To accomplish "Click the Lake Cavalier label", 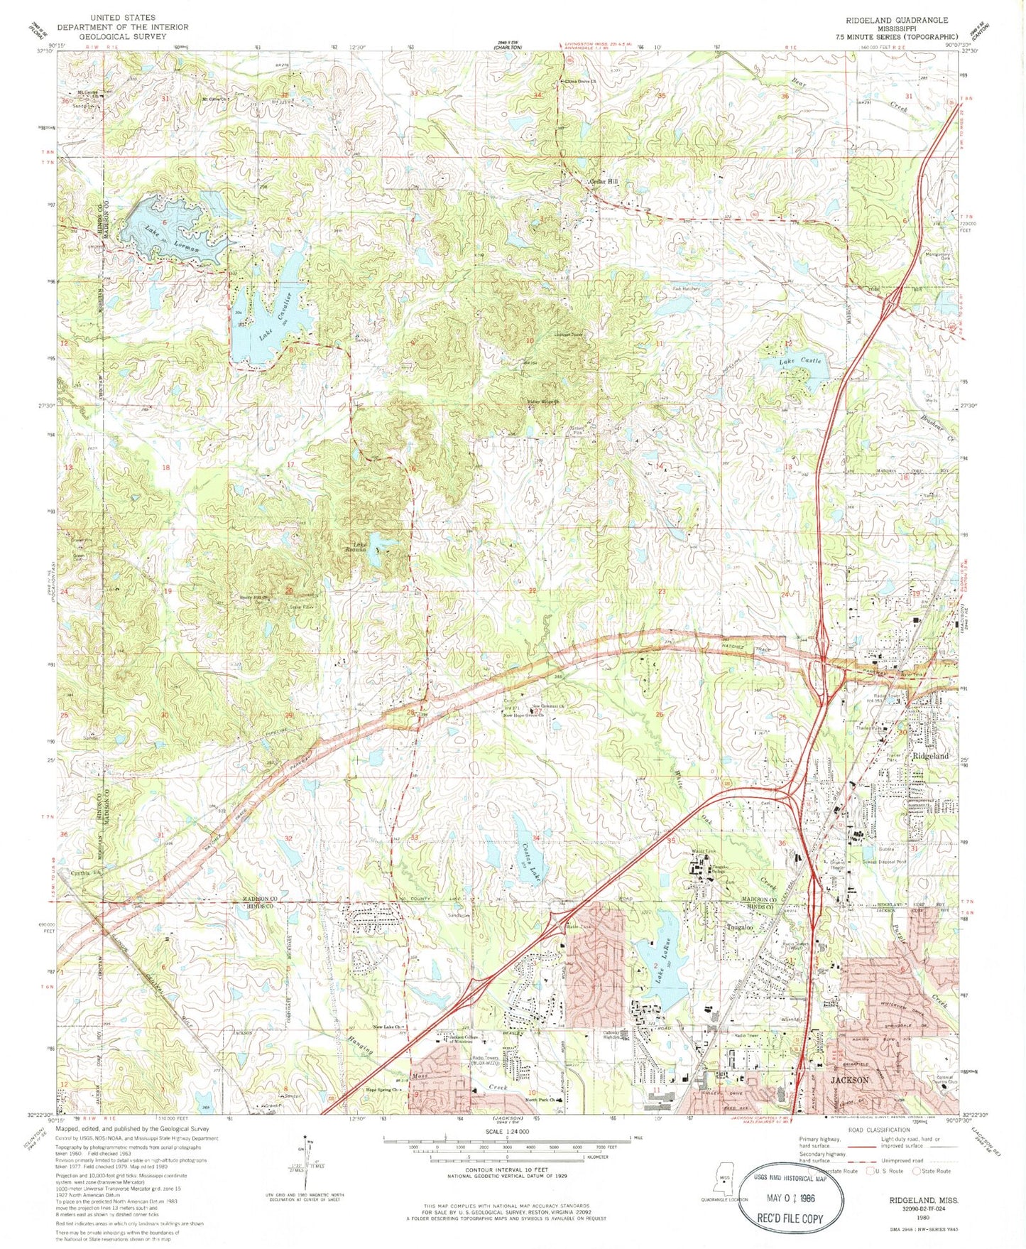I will [x=266, y=316].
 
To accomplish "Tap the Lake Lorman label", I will [x=174, y=239].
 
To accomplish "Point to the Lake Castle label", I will [x=800, y=362].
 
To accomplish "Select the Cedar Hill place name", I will [x=604, y=183].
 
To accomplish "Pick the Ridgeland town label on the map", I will [x=930, y=756].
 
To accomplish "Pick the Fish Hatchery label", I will [x=687, y=289].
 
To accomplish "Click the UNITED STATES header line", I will [x=122, y=17].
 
